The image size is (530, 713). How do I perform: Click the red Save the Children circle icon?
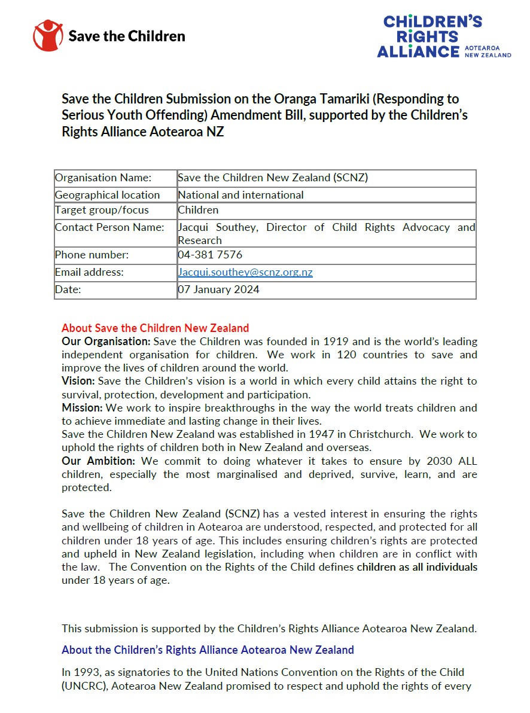[x=48, y=35]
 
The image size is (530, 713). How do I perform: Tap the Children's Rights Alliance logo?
[x=443, y=37]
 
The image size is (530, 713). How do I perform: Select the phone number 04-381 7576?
[x=210, y=255]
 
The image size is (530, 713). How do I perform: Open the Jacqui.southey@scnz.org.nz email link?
[x=245, y=272]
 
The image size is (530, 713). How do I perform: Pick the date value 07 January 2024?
[x=219, y=290]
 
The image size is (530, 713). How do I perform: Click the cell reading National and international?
[x=240, y=195]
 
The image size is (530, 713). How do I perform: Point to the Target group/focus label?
[x=102, y=210]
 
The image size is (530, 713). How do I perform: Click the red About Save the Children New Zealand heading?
[x=155, y=328]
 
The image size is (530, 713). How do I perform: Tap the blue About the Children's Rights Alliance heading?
[x=208, y=650]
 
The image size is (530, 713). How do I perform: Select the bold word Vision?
[x=78, y=381]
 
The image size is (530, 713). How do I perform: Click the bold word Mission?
[x=82, y=408]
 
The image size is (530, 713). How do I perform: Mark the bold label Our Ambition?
[x=99, y=461]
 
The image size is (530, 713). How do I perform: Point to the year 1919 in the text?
[x=336, y=342]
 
